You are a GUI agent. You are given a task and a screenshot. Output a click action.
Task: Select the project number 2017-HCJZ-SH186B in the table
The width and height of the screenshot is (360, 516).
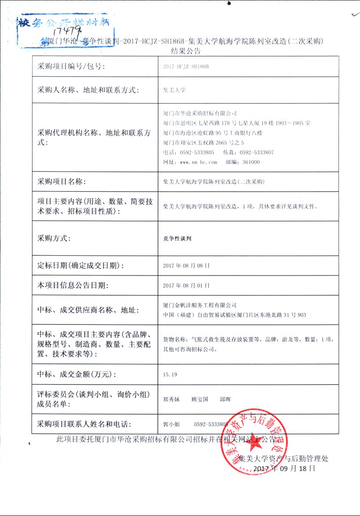point(187,67)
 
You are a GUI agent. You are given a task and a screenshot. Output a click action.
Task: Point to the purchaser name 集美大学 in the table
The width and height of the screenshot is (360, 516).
point(174,90)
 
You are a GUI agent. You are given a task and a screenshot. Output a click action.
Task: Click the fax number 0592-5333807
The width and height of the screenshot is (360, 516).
point(257,153)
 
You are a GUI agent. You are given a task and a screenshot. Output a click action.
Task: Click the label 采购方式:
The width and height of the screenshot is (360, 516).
point(54,238)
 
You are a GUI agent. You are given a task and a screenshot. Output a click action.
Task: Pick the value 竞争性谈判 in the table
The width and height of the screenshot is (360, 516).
point(178,238)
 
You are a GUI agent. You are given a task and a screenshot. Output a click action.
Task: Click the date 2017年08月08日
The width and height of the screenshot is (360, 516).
point(187,265)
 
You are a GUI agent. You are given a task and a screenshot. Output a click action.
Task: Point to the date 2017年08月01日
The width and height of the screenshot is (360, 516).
point(187,285)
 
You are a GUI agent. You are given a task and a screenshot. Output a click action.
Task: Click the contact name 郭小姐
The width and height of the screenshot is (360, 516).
point(171,424)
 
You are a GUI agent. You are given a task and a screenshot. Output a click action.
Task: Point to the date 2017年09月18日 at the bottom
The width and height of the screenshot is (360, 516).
point(284,468)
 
